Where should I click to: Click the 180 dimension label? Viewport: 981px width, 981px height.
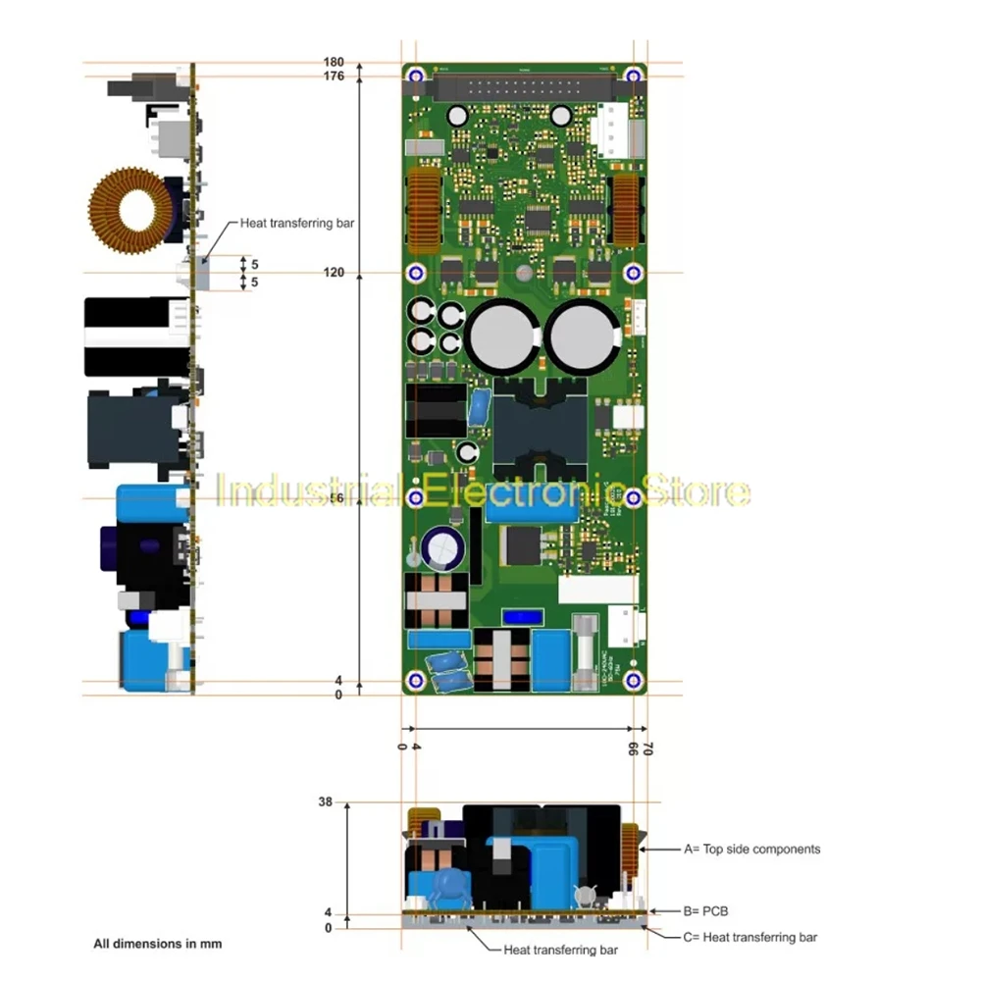click(334, 63)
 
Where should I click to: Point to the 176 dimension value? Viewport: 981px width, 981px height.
click(334, 77)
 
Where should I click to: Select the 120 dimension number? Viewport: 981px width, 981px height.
click(334, 273)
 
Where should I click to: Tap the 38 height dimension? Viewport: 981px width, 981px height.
click(326, 801)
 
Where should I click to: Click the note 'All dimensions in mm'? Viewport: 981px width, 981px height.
click(157, 944)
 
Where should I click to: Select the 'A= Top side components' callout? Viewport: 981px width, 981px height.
click(751, 849)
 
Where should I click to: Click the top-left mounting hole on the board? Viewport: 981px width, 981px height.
click(416, 76)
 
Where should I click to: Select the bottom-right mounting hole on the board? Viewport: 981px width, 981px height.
click(634, 681)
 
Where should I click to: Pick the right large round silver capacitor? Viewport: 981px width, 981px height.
click(581, 336)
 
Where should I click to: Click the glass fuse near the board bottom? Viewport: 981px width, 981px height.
click(586, 651)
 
